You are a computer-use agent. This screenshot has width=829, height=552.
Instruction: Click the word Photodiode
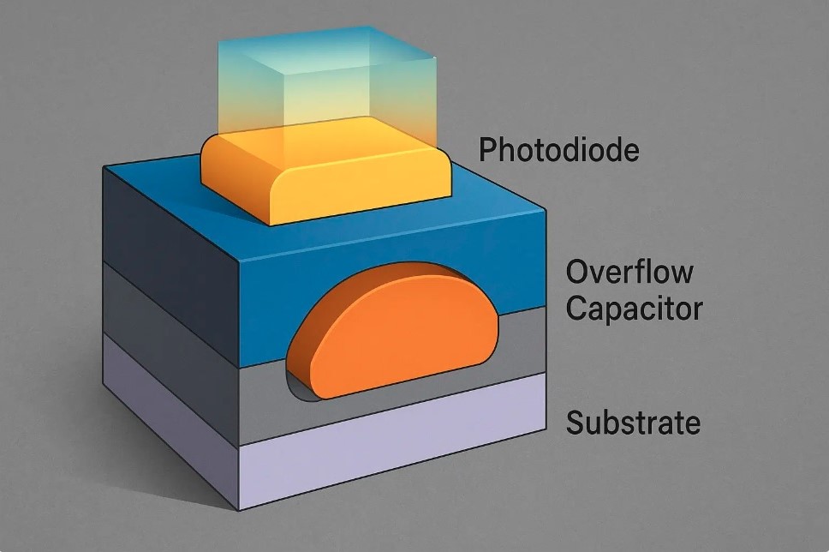559,150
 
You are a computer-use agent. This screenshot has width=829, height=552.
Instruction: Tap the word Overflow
629,272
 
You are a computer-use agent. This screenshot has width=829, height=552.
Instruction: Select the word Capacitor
635,308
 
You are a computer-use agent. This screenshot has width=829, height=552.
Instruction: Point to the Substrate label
633,423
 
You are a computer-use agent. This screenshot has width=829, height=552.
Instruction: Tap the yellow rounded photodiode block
325,175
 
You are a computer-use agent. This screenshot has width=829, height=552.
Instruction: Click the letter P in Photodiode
487,150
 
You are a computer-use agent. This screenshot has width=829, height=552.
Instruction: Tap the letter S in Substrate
575,423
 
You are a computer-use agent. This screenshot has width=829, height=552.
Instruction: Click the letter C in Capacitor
577,308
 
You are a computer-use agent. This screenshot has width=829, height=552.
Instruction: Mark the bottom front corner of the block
240,511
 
